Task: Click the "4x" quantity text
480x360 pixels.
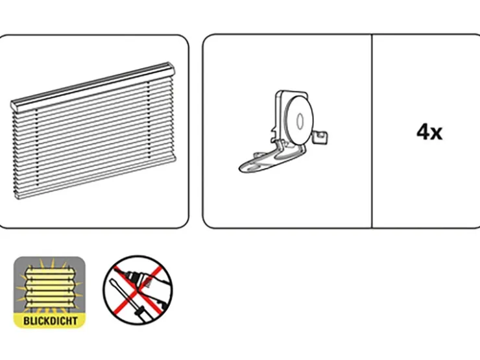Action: [x=429, y=132]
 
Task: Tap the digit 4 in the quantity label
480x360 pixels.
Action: [x=423, y=132]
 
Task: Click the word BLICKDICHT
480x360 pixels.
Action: [x=50, y=321]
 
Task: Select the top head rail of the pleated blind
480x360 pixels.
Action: [x=93, y=86]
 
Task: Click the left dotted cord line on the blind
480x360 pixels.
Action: [x=37, y=147]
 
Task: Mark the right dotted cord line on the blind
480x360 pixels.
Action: [x=149, y=120]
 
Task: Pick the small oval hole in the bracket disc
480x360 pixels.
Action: [x=300, y=121]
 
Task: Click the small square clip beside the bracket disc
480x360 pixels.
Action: [x=321, y=137]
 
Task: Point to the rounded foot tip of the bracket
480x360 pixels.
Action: [x=244, y=168]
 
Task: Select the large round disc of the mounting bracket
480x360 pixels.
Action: [x=298, y=121]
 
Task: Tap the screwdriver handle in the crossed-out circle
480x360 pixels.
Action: [x=145, y=315]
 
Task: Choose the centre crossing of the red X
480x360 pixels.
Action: [x=138, y=290]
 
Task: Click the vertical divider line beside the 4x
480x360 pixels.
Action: [x=372, y=131]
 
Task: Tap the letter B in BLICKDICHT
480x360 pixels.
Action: [x=26, y=321]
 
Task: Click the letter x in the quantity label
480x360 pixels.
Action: [x=437, y=134]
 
